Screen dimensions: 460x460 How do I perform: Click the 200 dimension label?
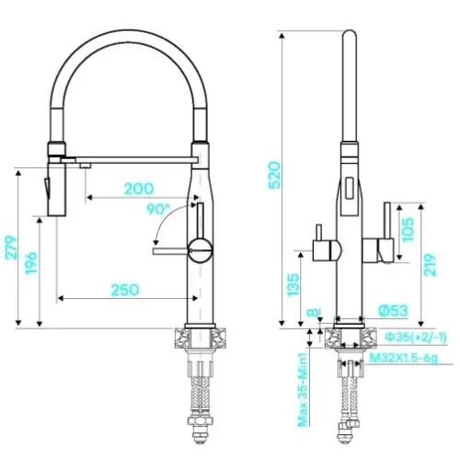(x=139, y=189)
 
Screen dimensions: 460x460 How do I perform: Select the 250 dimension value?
(x=125, y=290)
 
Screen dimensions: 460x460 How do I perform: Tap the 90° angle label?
(x=158, y=209)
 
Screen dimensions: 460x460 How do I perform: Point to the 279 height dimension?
(x=11, y=247)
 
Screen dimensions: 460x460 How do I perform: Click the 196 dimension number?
(x=31, y=263)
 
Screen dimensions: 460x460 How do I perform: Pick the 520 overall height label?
(x=274, y=175)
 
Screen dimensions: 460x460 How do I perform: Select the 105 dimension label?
(x=408, y=230)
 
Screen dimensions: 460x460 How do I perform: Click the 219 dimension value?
(x=430, y=265)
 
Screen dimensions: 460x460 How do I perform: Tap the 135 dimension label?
(x=293, y=284)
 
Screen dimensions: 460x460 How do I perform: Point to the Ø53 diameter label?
(x=393, y=311)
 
